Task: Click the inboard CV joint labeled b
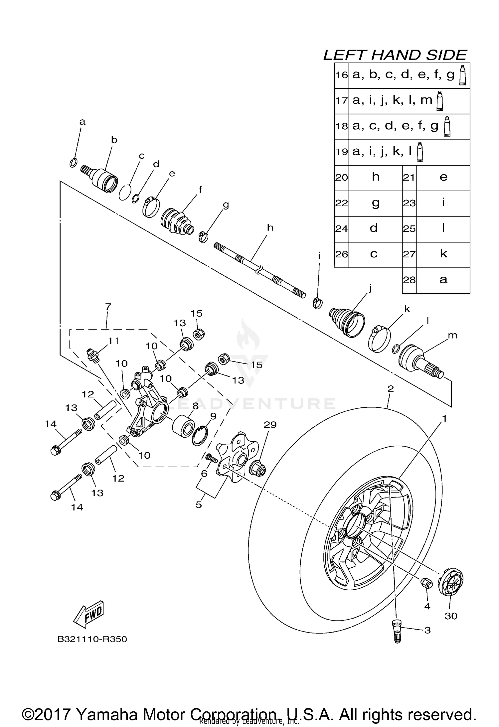tap(104, 180)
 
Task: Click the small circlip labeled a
tap(74, 163)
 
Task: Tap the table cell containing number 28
tap(409, 280)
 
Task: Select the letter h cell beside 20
tap(375, 177)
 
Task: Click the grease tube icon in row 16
tap(462, 75)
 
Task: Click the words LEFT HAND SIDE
tap(395, 55)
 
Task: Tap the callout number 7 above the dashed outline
tap(108, 306)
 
